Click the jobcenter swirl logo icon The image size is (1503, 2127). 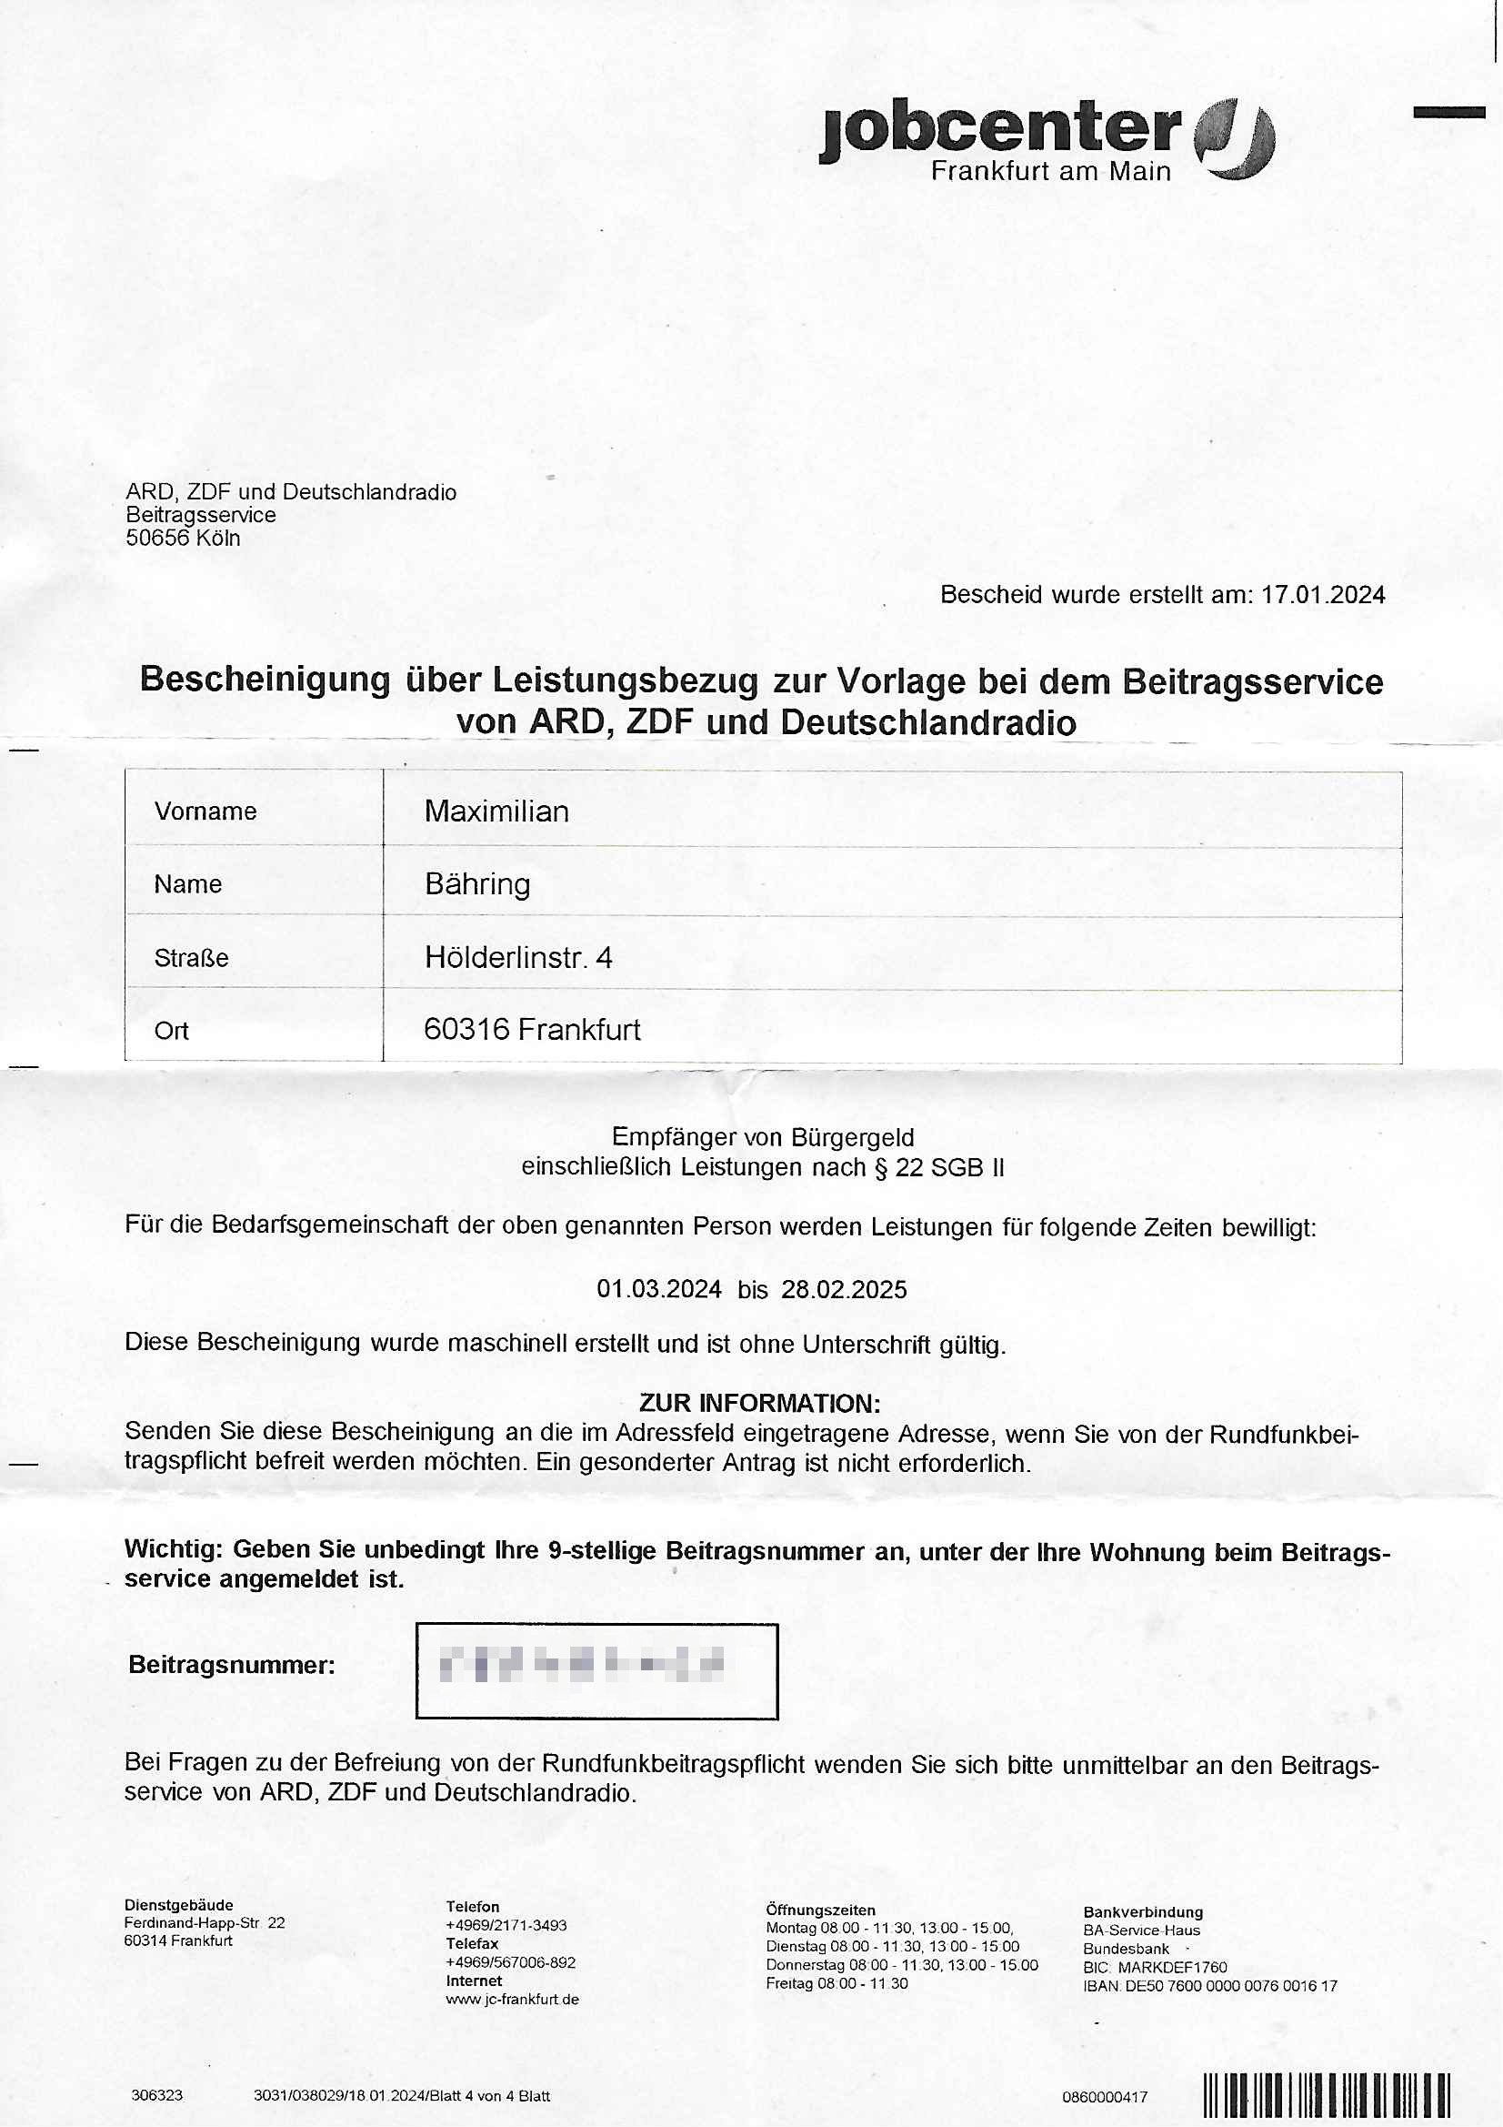point(1235,139)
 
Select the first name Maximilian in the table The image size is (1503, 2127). point(496,811)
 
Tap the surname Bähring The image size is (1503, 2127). point(477,884)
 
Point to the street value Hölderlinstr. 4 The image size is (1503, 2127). point(517,957)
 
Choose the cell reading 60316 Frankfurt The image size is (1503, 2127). point(532,1029)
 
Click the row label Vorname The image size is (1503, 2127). point(205,811)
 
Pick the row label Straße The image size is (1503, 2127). point(191,958)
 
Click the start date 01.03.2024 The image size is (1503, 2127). point(658,1289)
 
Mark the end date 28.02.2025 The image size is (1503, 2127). point(844,1289)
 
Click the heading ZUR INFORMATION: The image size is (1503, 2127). point(759,1403)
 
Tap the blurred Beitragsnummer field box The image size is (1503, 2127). point(596,1670)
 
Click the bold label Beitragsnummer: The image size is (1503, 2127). point(232,1665)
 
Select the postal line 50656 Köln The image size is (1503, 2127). point(183,539)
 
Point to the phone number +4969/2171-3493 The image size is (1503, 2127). point(506,1925)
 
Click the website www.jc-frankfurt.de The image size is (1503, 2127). point(512,1999)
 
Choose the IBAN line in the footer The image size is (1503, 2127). point(1209,1986)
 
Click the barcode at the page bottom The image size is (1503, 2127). point(1326,2094)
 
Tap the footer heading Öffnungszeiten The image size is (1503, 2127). point(819,1910)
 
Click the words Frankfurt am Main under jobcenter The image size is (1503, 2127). point(1050,171)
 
